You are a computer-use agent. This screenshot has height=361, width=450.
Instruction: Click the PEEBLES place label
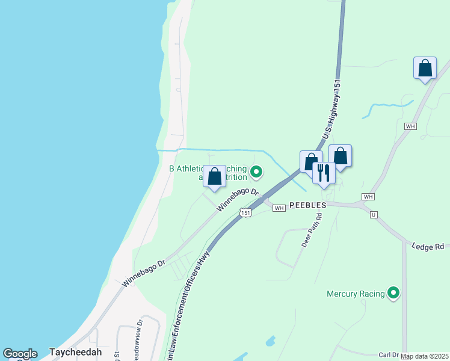pos(307,205)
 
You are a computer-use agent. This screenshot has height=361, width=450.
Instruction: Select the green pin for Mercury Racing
pos(393,294)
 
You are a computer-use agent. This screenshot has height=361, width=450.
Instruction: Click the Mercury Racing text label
pos(356,294)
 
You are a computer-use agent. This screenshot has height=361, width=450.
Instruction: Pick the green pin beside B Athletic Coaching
pos(256,173)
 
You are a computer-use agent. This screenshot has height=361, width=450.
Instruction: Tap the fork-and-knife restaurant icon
pos(324,173)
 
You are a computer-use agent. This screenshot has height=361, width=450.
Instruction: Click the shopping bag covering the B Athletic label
pos(214,176)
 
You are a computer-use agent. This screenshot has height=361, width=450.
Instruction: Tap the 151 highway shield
pos(245,212)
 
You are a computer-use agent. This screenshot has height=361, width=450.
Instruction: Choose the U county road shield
pos(374,214)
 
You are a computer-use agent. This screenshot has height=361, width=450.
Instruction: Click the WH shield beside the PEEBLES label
pos(279,208)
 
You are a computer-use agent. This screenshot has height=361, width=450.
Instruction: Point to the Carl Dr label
pos(389,355)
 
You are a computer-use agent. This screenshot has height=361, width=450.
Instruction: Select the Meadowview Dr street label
pos(140,331)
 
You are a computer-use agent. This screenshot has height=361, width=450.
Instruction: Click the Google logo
pos(20,354)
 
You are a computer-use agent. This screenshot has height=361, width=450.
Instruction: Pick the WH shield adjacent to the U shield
pos(368,197)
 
